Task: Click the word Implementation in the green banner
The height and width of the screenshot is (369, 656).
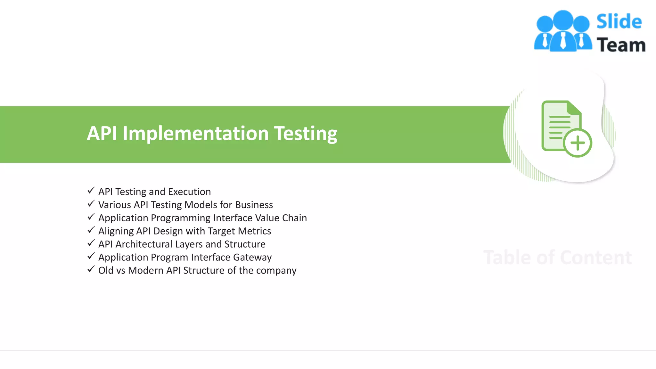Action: [x=195, y=134]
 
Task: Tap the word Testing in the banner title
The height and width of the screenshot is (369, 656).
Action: [x=305, y=134]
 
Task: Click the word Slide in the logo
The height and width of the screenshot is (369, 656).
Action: [x=619, y=22]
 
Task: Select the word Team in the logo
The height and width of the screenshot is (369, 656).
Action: [x=621, y=45]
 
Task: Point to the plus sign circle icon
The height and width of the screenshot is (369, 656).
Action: [x=578, y=143]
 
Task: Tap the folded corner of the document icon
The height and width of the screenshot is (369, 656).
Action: [x=574, y=108]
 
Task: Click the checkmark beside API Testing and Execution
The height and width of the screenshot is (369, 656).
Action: [x=91, y=191]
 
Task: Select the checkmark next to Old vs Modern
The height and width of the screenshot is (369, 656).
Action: [x=91, y=270]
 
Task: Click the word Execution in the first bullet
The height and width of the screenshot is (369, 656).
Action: [x=189, y=192]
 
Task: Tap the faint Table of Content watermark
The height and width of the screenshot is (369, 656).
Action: [x=557, y=258]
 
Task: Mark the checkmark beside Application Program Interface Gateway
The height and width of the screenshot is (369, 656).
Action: [x=91, y=257]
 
